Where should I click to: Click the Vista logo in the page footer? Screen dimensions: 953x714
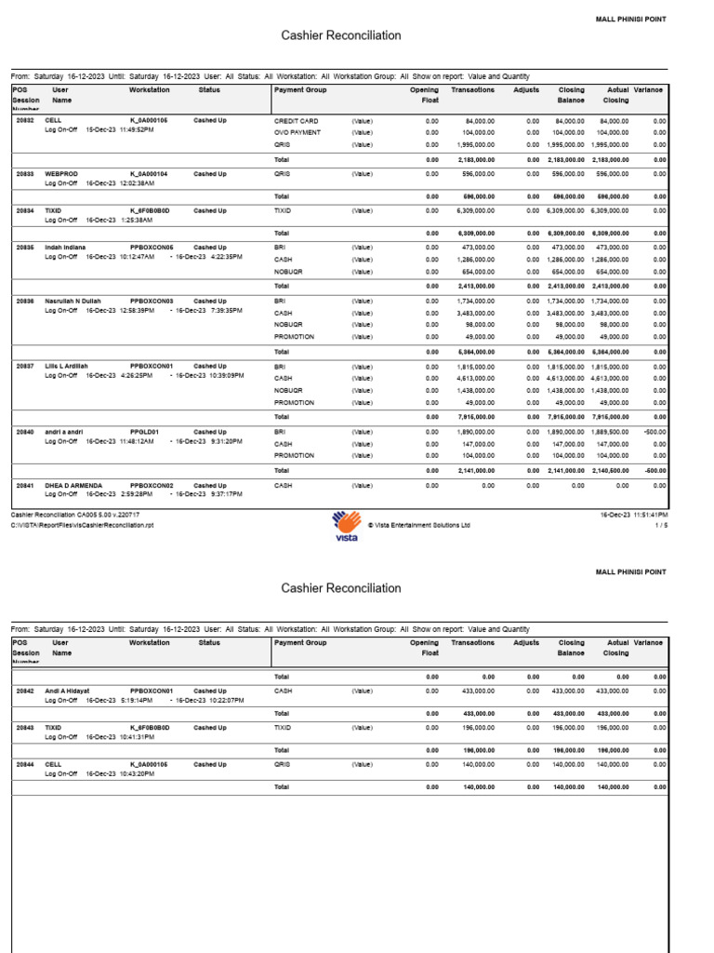pyautogui.click(x=347, y=525)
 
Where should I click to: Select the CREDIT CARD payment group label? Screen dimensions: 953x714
pyautogui.click(x=297, y=121)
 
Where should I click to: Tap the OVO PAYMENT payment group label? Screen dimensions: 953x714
pyautogui.click(x=298, y=133)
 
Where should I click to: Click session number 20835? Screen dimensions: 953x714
pyautogui.click(x=25, y=248)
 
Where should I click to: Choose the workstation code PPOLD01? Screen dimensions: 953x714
pyautogui.click(x=144, y=432)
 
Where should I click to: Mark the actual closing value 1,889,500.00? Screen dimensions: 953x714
pyautogui.click(x=609, y=433)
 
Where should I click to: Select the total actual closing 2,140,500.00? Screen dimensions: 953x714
pyautogui.click(x=609, y=471)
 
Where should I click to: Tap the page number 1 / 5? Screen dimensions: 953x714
pyautogui.click(x=661, y=525)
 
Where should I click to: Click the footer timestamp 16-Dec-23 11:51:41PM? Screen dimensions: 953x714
pyautogui.click(x=634, y=514)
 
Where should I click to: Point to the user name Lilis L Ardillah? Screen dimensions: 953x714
pyautogui.click(x=72, y=367)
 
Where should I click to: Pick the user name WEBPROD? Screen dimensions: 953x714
pyautogui.click(x=60, y=173)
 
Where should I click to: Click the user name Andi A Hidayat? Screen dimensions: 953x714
pyautogui.click(x=72, y=691)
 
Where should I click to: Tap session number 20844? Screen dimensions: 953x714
pyautogui.click(x=25, y=763)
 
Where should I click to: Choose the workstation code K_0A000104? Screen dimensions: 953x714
pyautogui.click(x=149, y=173)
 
